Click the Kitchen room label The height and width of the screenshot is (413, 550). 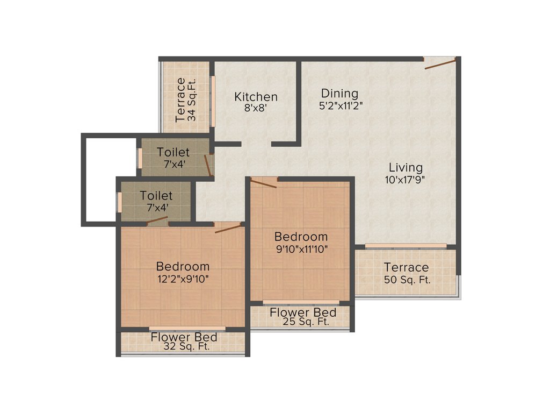[x=256, y=97]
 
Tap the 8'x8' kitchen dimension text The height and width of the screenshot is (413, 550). [x=256, y=107]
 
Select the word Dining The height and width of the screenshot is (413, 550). [x=339, y=94]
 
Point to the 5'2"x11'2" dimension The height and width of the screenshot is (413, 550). [x=341, y=105]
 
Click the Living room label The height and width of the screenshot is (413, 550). [x=406, y=168]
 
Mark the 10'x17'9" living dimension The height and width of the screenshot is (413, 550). [x=405, y=180]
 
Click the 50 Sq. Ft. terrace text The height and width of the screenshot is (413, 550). [x=407, y=280]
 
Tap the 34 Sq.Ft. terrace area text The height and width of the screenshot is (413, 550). [x=192, y=99]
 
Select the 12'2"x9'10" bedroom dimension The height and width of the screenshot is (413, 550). [x=183, y=279]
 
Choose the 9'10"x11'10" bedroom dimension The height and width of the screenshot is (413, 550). [x=301, y=248]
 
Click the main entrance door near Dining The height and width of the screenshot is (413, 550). [x=440, y=63]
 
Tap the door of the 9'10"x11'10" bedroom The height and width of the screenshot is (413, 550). [x=263, y=183]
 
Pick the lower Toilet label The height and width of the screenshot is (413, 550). [x=156, y=196]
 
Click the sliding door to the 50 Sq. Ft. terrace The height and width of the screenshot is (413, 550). [x=406, y=246]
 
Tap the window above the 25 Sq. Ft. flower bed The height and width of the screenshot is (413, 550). [x=301, y=302]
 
